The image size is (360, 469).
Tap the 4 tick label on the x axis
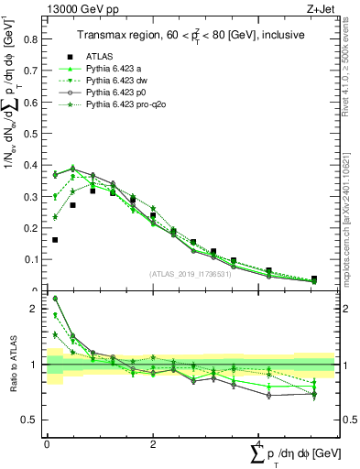click(259, 443)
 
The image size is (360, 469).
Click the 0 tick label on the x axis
click(47, 443)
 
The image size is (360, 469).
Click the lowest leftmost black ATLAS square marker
click(55, 240)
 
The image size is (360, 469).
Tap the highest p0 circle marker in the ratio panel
click(55, 298)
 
